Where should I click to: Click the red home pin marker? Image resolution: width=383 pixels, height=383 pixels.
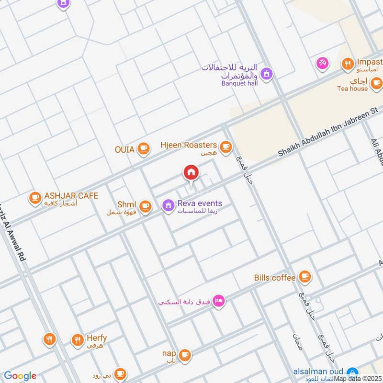coord(191,172)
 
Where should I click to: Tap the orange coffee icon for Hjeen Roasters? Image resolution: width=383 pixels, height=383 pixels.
coord(225,146)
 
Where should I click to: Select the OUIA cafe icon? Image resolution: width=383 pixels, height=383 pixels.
coord(143,149)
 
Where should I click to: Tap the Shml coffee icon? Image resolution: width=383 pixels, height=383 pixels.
coord(146,206)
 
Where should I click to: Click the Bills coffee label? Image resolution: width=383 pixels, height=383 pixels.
coord(274,278)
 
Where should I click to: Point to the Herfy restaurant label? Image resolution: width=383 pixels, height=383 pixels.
coord(97,338)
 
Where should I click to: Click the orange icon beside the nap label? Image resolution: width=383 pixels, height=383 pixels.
coord(185,355)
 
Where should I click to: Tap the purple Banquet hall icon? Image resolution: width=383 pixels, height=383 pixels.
coord(267,74)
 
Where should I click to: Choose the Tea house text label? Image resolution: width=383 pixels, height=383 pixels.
coord(352,89)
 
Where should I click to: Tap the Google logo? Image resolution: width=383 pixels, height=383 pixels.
coord(20,376)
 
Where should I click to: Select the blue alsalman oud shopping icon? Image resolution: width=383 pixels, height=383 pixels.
coord(352,372)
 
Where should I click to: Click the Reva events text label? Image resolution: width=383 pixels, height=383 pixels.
coord(200,203)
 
